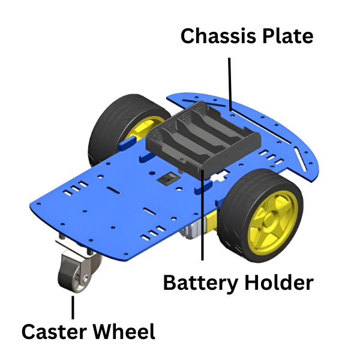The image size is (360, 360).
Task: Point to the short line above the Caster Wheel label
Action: (x=73, y=307)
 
